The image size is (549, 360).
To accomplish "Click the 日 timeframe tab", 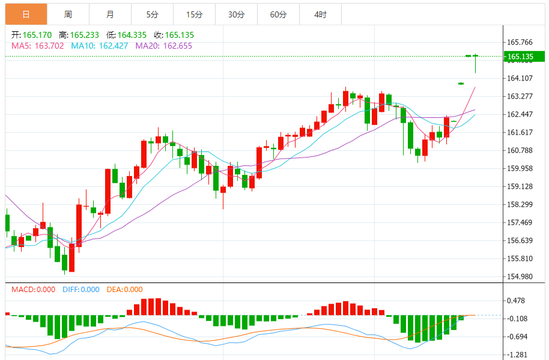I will click(25, 14).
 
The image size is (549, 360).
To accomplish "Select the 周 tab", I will click(68, 14).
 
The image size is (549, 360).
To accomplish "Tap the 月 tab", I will click(110, 14).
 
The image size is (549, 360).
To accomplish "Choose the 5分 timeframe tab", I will click(152, 14).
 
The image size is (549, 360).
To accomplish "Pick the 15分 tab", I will click(194, 14).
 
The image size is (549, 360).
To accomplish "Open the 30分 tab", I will click(236, 14).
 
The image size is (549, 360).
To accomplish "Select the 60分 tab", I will click(278, 14).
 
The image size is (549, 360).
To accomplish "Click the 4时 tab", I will click(320, 14).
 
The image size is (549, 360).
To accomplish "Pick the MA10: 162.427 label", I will click(99, 45).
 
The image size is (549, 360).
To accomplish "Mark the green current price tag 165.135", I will click(523, 57).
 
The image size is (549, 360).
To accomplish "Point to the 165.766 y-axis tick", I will click(520, 42).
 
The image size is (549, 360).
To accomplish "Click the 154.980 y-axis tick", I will click(520, 276).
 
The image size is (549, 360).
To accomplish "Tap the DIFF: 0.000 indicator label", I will click(81, 290).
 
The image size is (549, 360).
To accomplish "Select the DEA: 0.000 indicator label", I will click(124, 290).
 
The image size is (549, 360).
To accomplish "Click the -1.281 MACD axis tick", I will click(517, 355).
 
